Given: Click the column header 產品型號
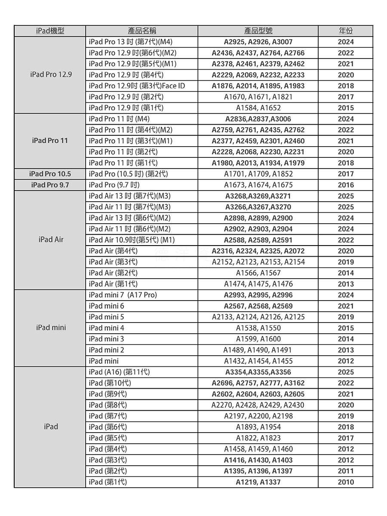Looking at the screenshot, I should pos(258,31).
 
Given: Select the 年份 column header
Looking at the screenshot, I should pos(346,31).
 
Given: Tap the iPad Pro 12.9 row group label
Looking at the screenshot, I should pos(51,74).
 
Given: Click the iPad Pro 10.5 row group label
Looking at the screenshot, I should pos(50,174).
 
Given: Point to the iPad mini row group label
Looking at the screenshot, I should pos(51,328).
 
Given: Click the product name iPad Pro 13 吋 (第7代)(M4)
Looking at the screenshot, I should pos(130,42).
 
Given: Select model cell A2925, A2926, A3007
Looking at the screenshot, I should pos(258,42).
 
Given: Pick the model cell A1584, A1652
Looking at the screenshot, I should pos(258,108).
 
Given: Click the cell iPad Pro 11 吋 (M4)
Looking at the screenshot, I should pos(119,119).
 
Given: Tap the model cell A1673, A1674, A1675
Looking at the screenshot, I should pos(258,185).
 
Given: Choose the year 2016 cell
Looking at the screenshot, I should pos(346,185).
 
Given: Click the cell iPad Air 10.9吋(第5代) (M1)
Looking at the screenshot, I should pos(132,240).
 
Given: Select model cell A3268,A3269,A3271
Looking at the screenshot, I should pos(258,196).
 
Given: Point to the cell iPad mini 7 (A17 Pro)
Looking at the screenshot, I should pos(123,295).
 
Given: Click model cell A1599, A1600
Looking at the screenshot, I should pos(258,339).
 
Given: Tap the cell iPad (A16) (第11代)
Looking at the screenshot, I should pos(119,372).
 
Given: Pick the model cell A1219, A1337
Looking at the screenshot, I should pos(258,482).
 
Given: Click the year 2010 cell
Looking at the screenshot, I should pos(346,482).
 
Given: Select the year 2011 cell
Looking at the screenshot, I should pos(346,471).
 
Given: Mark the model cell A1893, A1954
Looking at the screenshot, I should pos(258,427).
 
